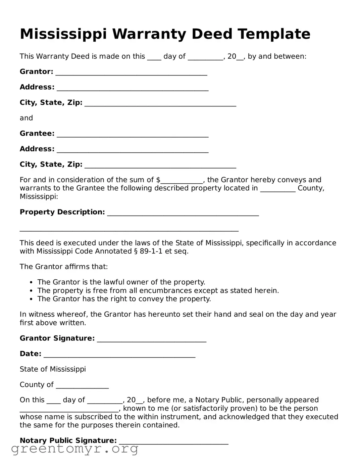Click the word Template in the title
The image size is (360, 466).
coord(274,34)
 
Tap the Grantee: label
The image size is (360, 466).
coord(37,134)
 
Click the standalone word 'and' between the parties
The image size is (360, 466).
coord(26,118)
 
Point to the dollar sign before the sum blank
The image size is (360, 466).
coord(158,180)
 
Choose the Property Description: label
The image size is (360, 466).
coord(62,212)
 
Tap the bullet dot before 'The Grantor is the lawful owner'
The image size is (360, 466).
coord(31,283)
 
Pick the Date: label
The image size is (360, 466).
coord(31,354)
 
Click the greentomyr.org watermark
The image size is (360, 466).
coord(75,449)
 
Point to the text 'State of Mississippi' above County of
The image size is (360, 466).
coord(53,369)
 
